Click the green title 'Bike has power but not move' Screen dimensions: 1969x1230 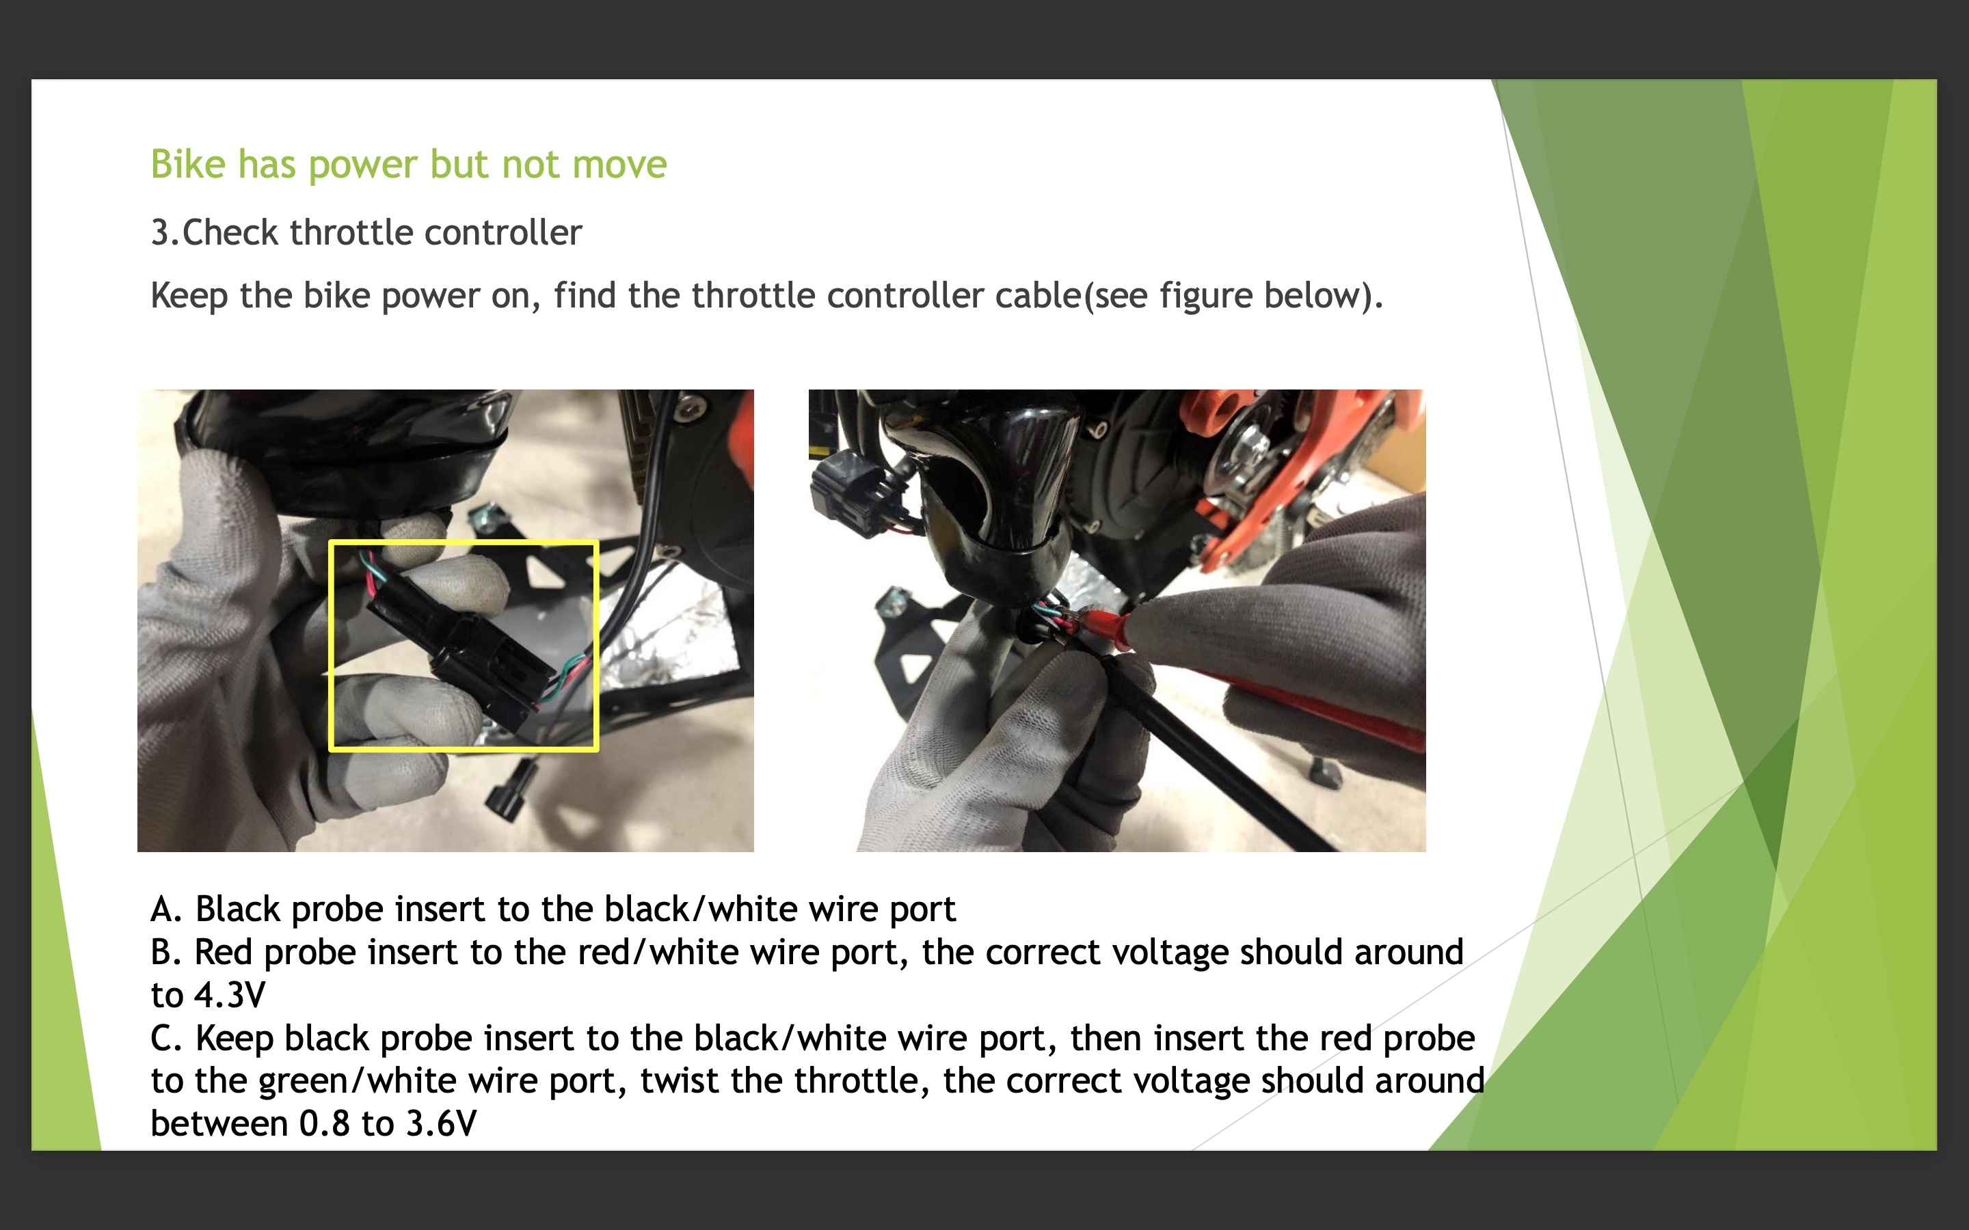[408, 164]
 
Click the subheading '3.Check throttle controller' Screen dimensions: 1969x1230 [366, 232]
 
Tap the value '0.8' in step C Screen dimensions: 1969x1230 [325, 1123]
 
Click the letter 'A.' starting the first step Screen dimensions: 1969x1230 [166, 909]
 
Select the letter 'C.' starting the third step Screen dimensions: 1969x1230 [166, 1038]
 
